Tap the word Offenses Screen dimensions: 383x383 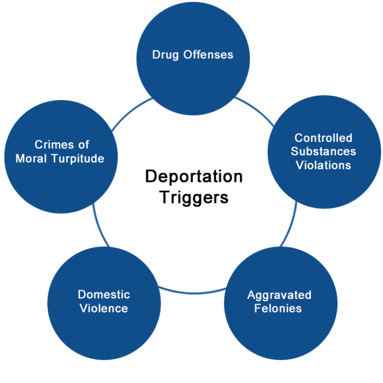[208, 54]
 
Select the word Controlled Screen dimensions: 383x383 [324, 138]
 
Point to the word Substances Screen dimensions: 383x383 [324, 151]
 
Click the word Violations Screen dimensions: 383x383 [324, 165]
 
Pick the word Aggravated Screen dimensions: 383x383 [279, 295]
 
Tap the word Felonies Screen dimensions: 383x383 [278, 308]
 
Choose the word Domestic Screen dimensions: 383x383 [104, 295]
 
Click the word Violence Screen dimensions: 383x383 [104, 308]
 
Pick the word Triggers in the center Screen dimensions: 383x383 [193, 197]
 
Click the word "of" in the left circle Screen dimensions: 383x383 [83, 145]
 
